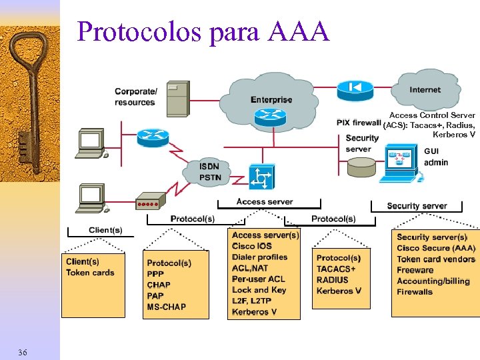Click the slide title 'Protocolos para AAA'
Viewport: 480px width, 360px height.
pyautogui.click(x=203, y=31)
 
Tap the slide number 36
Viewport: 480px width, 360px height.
pyautogui.click(x=23, y=351)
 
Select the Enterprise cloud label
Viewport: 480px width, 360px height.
pyautogui.click(x=271, y=100)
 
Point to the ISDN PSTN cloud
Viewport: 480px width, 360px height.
pyautogui.click(x=209, y=172)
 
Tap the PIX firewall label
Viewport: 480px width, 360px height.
pyautogui.click(x=359, y=123)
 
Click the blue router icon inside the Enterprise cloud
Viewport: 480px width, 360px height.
pyautogui.click(x=269, y=117)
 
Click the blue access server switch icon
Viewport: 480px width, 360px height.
pyautogui.click(x=260, y=177)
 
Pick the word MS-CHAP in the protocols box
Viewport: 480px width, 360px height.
pyautogui.click(x=167, y=307)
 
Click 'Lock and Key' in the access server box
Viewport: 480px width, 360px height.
pyautogui.click(x=259, y=290)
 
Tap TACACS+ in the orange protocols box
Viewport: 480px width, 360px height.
pyautogui.click(x=336, y=269)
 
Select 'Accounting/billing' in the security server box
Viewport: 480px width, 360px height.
pyautogui.click(x=433, y=281)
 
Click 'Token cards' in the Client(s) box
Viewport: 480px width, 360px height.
pyautogui.click(x=90, y=273)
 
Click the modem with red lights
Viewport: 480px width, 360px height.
pyautogui.click(x=149, y=202)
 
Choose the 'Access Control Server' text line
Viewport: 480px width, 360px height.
pyautogui.click(x=432, y=115)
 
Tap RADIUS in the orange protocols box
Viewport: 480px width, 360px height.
pyautogui.click(x=333, y=280)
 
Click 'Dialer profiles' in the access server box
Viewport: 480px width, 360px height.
pyautogui.click(x=260, y=257)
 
